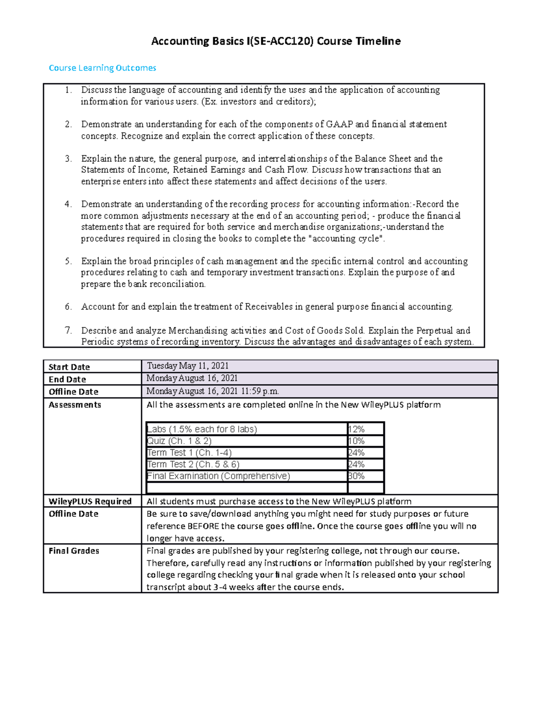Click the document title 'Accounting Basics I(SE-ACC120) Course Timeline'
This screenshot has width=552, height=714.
(x=276, y=41)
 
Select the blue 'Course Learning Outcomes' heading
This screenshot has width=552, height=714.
(x=102, y=68)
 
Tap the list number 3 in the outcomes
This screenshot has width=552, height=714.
(x=68, y=159)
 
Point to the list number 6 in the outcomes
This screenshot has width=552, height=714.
(x=68, y=307)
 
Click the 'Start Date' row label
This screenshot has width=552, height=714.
(x=69, y=367)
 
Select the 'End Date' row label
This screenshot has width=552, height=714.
(x=67, y=379)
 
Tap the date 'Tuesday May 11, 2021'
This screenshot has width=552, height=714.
(x=188, y=366)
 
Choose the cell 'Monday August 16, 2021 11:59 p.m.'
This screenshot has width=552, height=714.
(x=213, y=391)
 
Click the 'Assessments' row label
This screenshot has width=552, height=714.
(x=75, y=405)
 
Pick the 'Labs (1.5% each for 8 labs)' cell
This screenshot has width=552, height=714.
(x=202, y=429)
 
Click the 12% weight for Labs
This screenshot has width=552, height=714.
(x=356, y=429)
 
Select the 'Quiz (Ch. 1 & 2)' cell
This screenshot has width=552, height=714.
(x=179, y=441)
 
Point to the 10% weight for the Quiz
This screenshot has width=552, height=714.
(x=356, y=441)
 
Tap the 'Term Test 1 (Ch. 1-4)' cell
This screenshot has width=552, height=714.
(x=190, y=452)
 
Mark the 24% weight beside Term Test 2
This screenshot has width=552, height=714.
(x=356, y=464)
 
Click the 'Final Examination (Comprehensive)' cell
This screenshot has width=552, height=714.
(x=218, y=476)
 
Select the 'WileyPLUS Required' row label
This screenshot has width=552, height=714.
(x=90, y=501)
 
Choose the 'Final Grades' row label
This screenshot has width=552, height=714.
(x=74, y=551)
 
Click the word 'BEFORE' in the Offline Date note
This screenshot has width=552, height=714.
(x=203, y=526)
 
